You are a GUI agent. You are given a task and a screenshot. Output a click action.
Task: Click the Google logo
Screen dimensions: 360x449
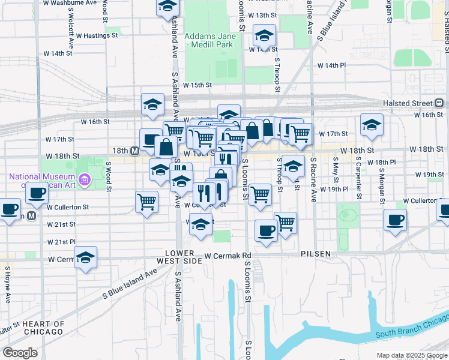coord(20,353)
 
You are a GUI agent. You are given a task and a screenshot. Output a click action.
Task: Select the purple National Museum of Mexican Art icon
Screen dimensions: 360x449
coord(85,179)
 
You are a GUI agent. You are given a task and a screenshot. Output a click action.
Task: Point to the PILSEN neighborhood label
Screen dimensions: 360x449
coord(316,254)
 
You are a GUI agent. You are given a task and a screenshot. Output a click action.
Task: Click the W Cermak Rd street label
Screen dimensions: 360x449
coord(227,256)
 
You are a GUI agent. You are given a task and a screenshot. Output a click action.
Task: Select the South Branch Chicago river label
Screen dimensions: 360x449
coord(412,334)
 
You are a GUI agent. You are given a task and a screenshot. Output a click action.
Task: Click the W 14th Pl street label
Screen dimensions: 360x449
coord(332,65)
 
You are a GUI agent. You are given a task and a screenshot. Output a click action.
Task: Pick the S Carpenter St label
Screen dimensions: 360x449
coord(358,178)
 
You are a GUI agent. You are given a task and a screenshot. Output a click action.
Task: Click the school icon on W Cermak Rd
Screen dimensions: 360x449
coord(85,258)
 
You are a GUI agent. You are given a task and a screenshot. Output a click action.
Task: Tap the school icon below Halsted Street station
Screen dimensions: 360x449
coord(372,125)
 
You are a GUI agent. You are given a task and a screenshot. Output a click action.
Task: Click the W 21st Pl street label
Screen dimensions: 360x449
coord(62,241)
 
